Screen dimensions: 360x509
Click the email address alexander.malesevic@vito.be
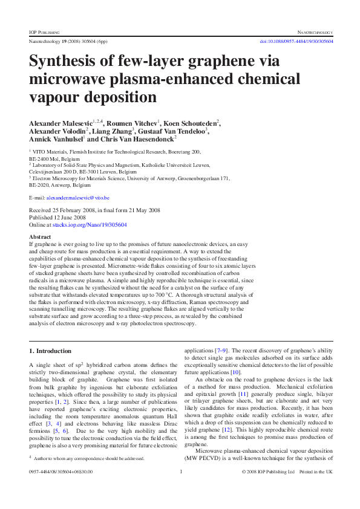pyautogui.click(x=78, y=198)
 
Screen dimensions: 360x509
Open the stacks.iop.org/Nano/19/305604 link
pyautogui.click(x=90, y=224)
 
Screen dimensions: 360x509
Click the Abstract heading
pyautogui.click(x=40, y=236)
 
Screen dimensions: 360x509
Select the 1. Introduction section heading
pyautogui.click(x=50, y=351)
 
